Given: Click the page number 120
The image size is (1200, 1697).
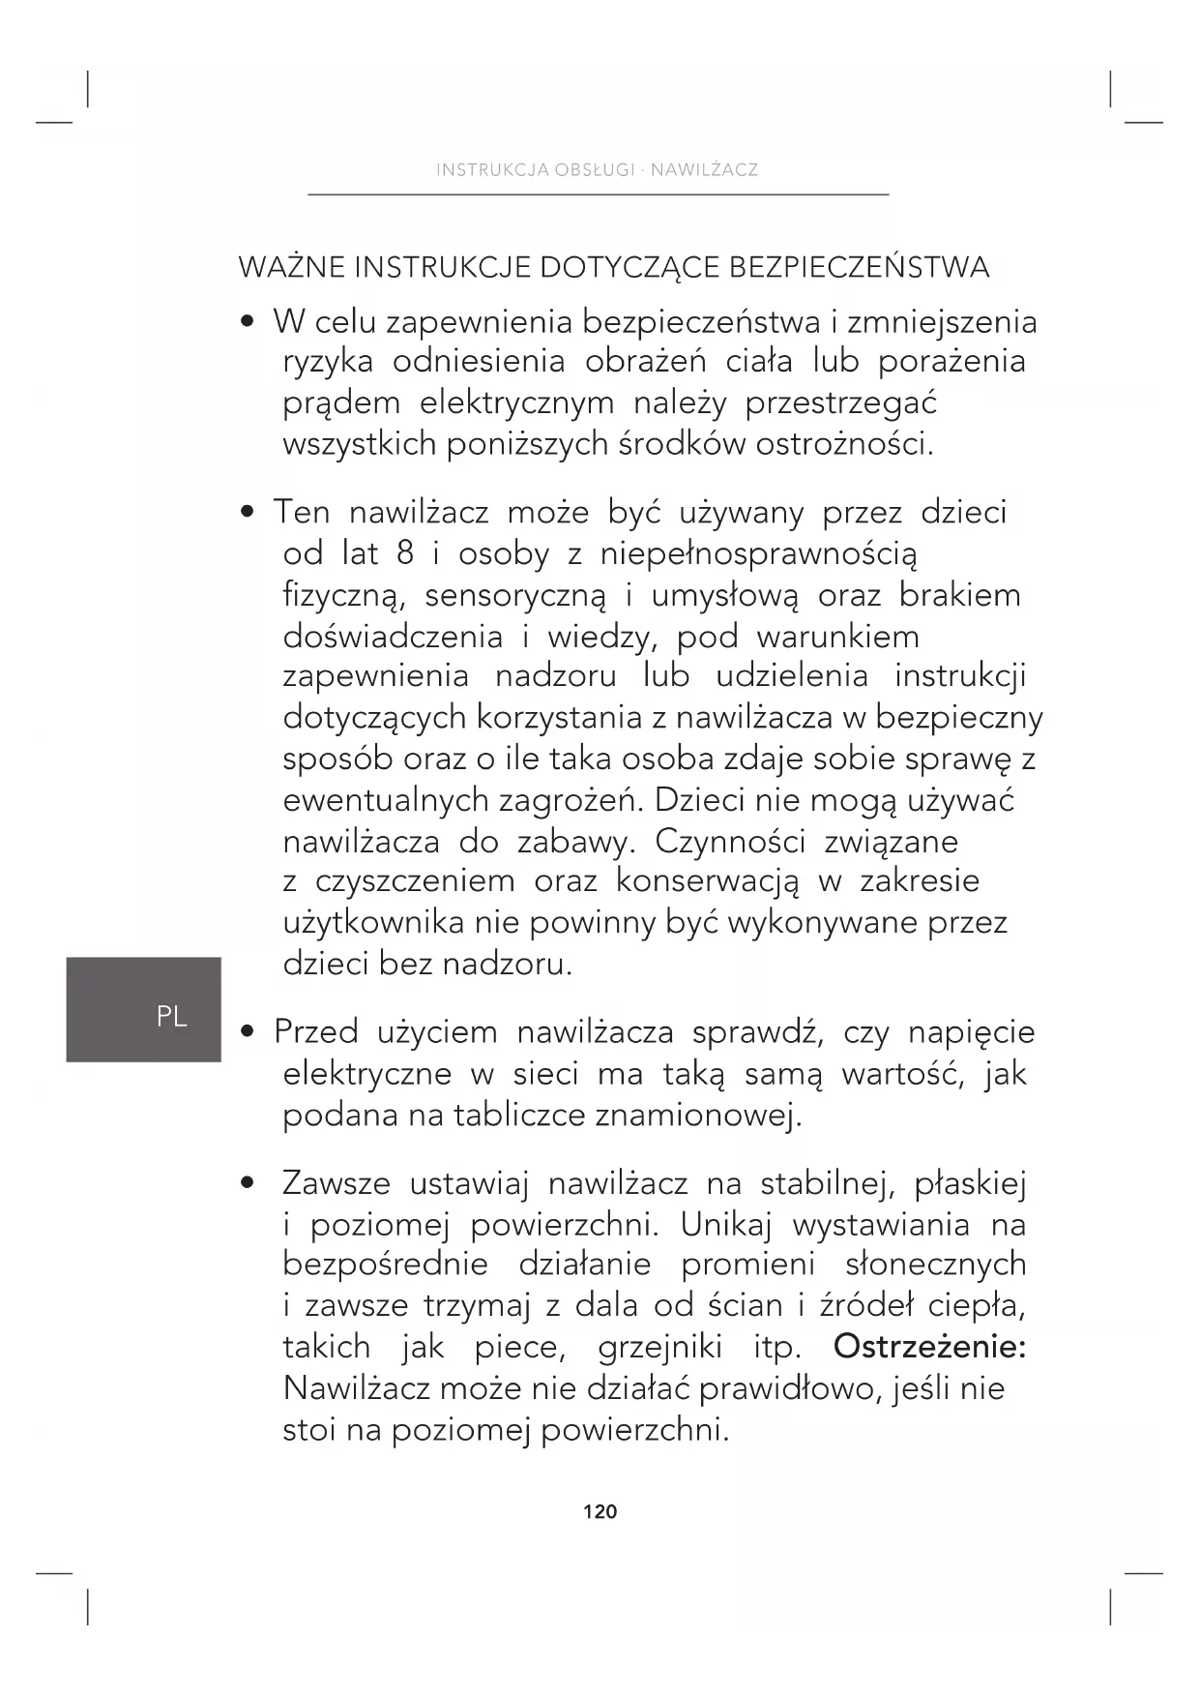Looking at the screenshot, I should (x=600, y=1511).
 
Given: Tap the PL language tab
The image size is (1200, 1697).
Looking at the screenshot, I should (x=171, y=1016).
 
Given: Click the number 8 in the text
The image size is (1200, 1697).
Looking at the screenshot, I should (x=405, y=553).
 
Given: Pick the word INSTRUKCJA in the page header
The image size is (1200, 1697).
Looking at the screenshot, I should (x=492, y=170).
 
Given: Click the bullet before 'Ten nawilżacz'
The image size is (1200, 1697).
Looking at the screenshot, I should (x=249, y=511).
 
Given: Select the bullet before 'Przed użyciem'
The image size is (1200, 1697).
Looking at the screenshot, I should (x=249, y=1032).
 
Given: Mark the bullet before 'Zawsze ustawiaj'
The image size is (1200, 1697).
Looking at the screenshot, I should (x=249, y=1182).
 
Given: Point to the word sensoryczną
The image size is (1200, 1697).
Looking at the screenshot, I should (x=515, y=595).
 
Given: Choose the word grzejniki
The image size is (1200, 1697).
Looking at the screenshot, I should (x=666, y=1347).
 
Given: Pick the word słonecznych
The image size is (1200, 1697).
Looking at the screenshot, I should (x=935, y=1265).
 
